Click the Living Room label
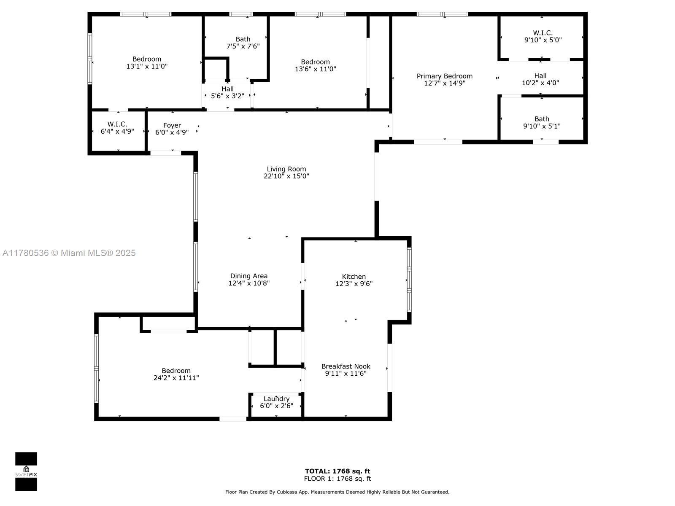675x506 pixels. pyautogui.click(x=286, y=169)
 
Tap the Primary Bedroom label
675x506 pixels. pyautogui.click(x=444, y=76)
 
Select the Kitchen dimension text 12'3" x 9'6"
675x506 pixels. pyautogui.click(x=354, y=283)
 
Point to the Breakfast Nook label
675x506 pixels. pyautogui.click(x=346, y=366)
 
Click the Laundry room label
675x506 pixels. pyautogui.click(x=276, y=399)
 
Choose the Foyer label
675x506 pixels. pyautogui.click(x=172, y=125)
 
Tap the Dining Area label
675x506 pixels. pyautogui.click(x=249, y=276)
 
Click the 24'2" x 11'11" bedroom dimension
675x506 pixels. pyautogui.click(x=176, y=378)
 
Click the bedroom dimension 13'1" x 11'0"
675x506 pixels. pyautogui.click(x=147, y=66)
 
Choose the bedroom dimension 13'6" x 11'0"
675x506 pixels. pyautogui.click(x=315, y=69)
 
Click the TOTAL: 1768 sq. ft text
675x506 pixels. pyautogui.click(x=337, y=471)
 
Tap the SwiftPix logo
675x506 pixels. pyautogui.click(x=26, y=471)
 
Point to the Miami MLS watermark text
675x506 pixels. pyautogui.click(x=69, y=253)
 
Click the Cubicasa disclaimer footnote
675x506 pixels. pyautogui.click(x=337, y=492)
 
